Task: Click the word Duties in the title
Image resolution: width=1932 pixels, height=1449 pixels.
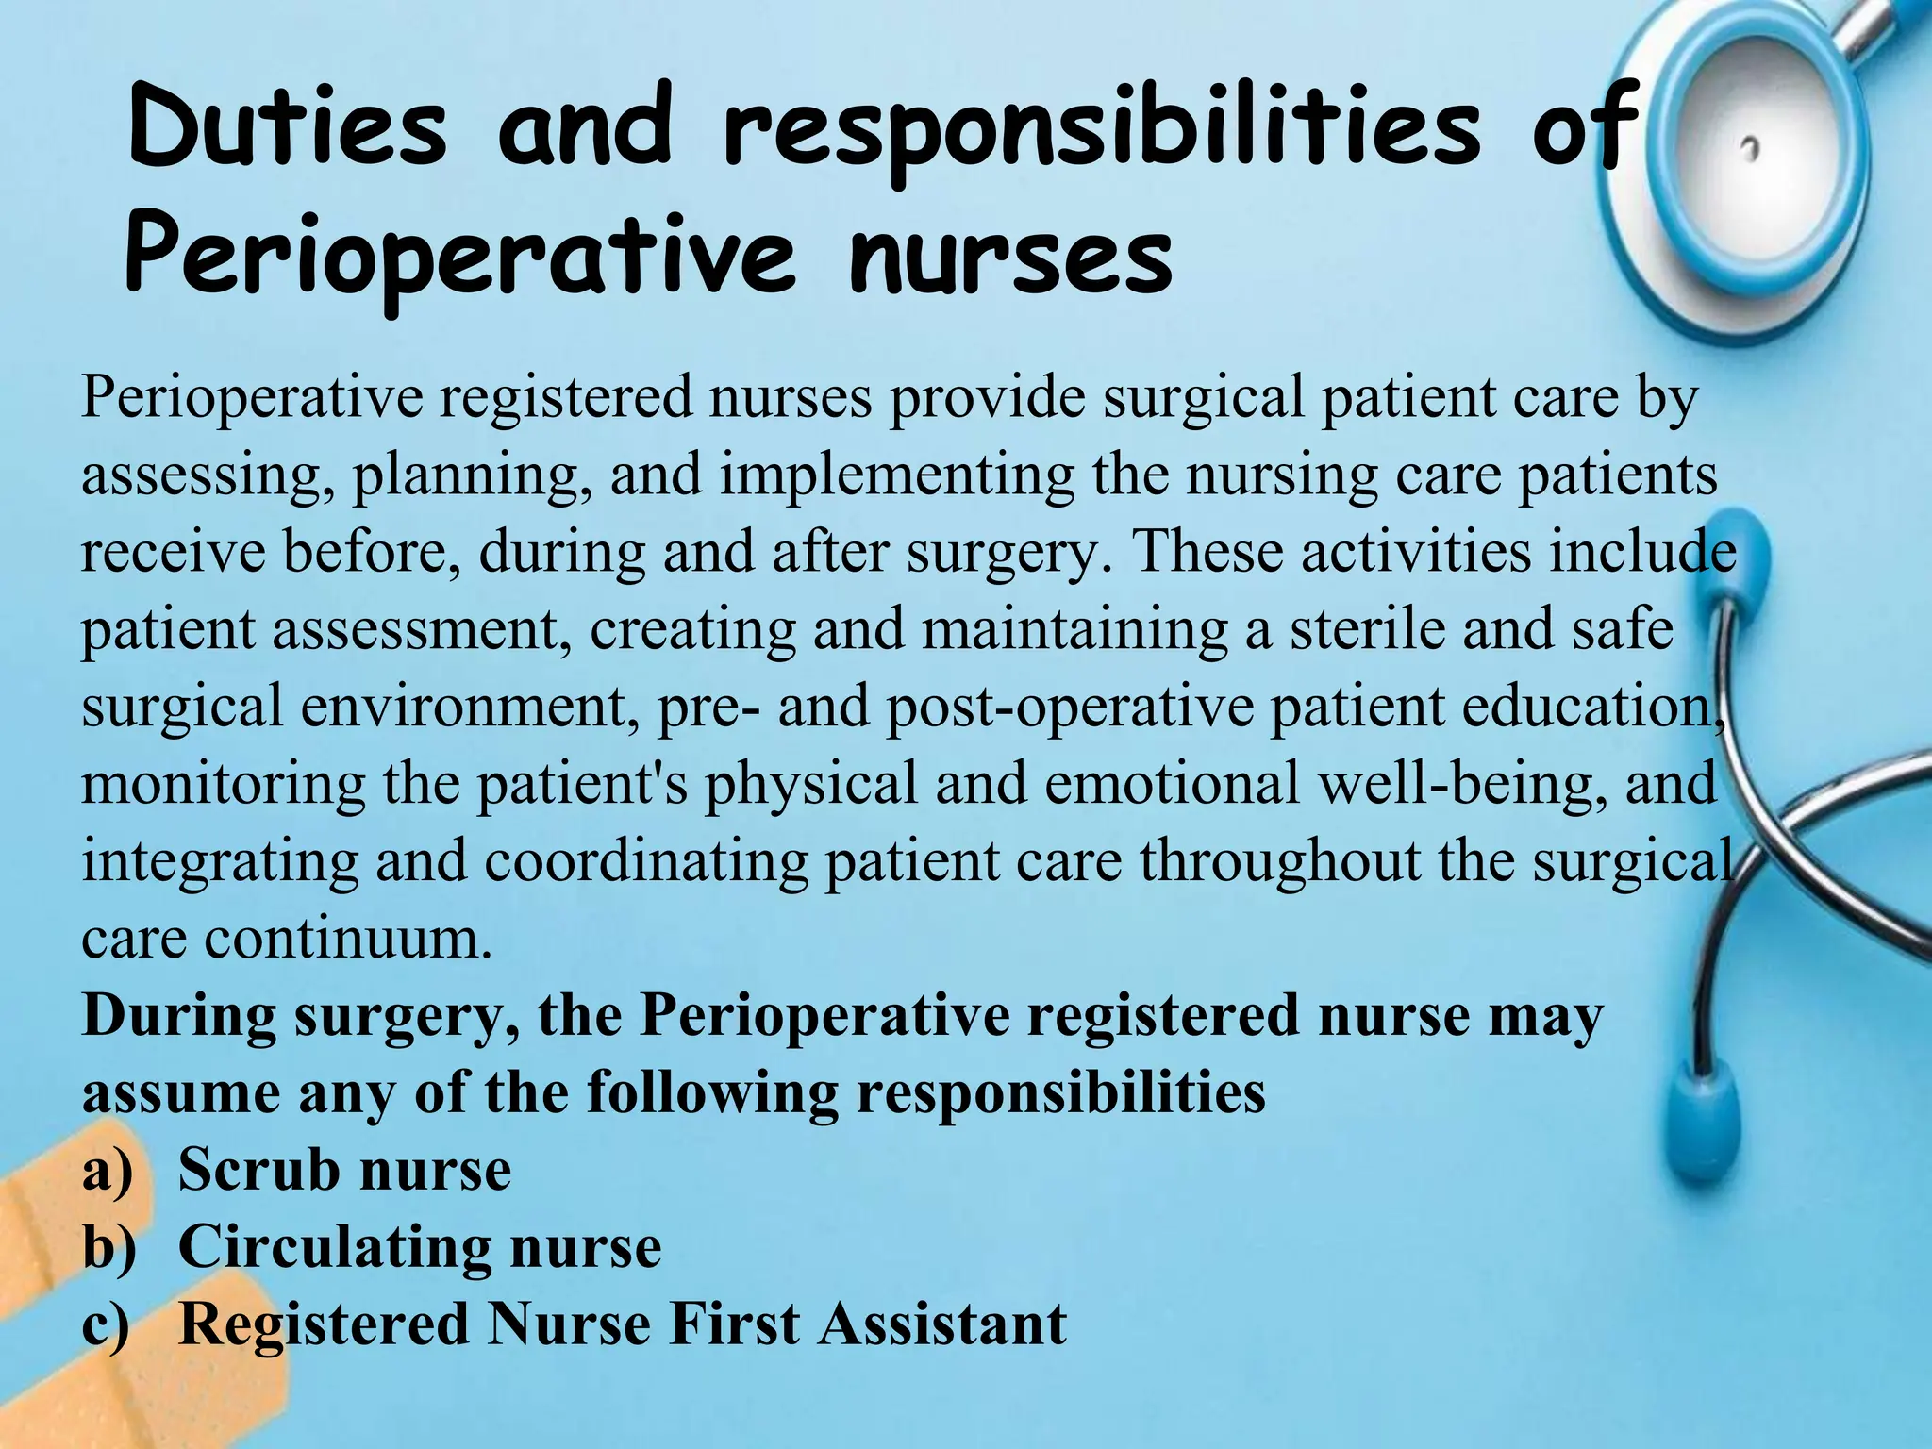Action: point(287,128)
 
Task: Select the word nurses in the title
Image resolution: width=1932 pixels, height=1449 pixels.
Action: point(1009,257)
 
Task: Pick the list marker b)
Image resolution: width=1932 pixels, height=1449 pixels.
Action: point(108,1247)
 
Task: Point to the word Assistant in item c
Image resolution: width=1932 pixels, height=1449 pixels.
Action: point(942,1324)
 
